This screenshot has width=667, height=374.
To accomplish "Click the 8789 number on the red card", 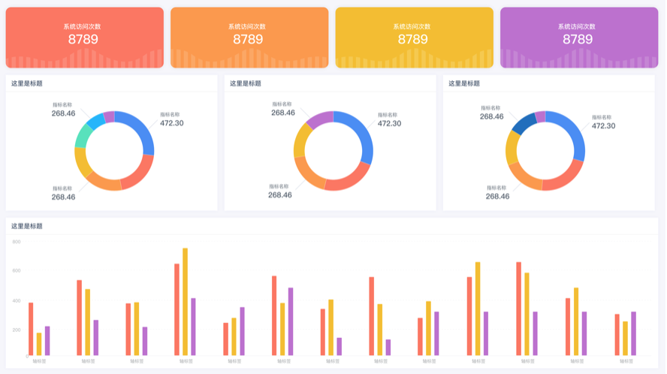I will coord(83,39).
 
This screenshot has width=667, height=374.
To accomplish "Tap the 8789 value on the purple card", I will coord(578,39).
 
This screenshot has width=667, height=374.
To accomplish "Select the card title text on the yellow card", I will coord(412,26).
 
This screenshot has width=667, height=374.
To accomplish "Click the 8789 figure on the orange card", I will coord(248,39).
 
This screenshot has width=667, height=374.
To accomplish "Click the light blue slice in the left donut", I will coord(95,120).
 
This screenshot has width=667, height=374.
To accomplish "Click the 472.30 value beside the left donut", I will coord(171,123).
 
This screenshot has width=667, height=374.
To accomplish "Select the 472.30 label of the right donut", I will coord(603,125).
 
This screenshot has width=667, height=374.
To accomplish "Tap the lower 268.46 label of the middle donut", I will coord(280,195).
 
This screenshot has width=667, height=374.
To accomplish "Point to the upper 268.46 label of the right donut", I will coord(492,116).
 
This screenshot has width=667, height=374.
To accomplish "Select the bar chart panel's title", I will coord(26,226).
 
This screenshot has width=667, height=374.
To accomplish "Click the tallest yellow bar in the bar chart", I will coord(185,300).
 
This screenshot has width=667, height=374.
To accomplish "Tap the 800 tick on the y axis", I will coord(17,242).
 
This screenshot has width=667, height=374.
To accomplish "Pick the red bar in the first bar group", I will coord(31,329).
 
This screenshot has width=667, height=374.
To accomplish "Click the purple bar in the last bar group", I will coord(633,333).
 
